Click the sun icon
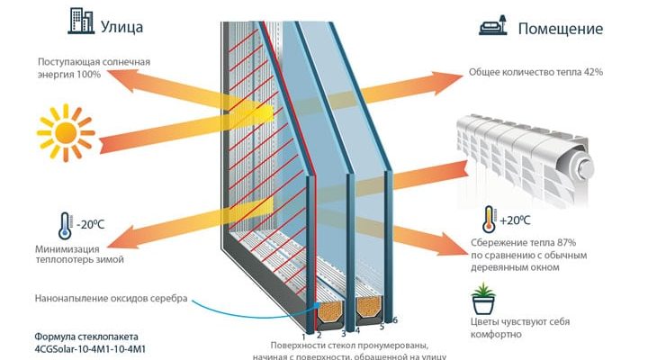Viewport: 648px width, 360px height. pyautogui.click(x=64, y=133)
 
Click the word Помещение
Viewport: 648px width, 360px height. pyautogui.click(x=560, y=29)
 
